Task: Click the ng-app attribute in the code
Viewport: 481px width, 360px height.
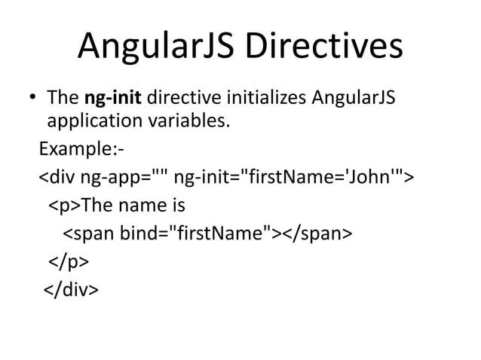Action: pos(124,178)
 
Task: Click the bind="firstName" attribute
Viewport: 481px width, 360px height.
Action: pos(198,233)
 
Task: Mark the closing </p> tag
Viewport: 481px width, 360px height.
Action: pos(69,261)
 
